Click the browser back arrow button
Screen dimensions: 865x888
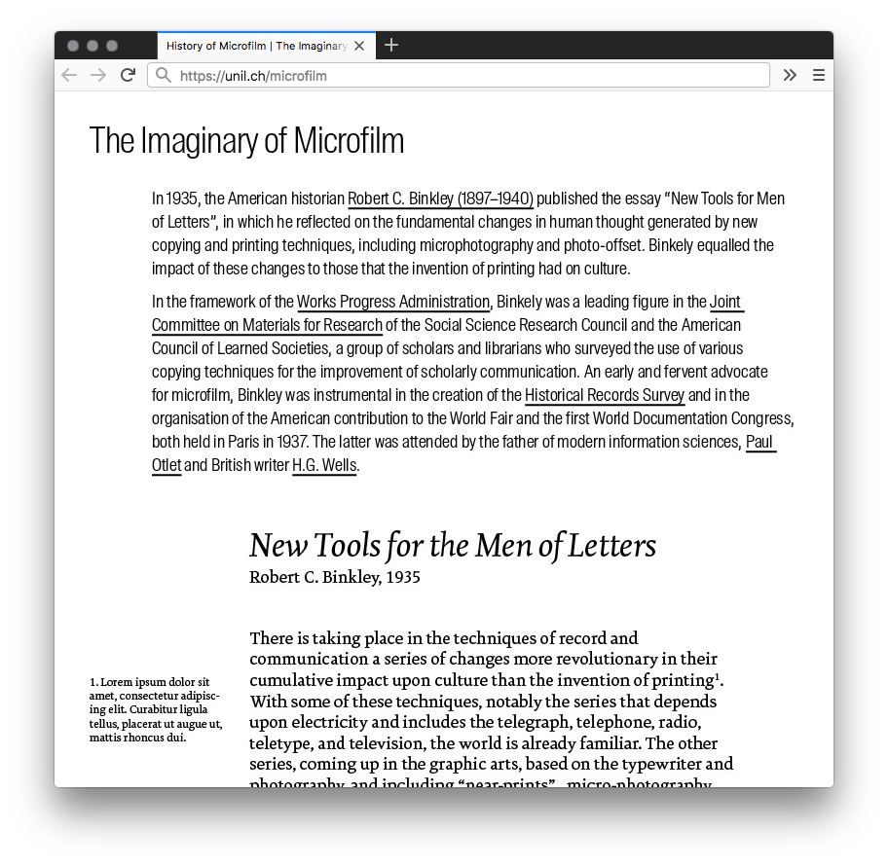point(68,75)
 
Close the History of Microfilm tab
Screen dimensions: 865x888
point(359,46)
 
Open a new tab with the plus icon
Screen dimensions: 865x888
point(391,45)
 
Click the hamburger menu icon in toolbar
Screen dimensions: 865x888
point(819,75)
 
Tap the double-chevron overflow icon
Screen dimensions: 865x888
point(790,75)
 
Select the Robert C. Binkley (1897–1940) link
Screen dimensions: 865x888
point(440,199)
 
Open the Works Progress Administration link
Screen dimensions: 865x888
point(393,302)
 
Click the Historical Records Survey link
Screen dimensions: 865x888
point(605,395)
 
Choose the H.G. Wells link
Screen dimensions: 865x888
point(324,465)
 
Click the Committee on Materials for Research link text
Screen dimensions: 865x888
point(267,325)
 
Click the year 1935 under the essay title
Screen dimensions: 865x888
point(402,577)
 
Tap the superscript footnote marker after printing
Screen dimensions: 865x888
point(718,675)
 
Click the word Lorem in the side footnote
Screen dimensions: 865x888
point(117,682)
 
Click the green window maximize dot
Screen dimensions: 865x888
point(112,46)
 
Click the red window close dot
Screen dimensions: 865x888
point(73,46)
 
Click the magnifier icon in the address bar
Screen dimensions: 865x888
point(164,75)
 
